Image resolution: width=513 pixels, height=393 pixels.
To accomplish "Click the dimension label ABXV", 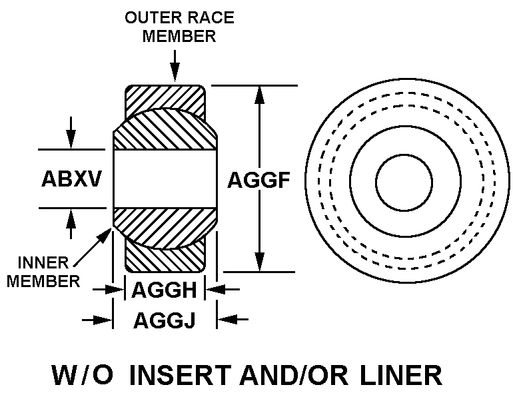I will (72, 179).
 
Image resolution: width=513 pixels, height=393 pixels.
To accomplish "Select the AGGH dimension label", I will (165, 290).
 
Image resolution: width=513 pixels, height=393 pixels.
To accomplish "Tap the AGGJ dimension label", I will (165, 320).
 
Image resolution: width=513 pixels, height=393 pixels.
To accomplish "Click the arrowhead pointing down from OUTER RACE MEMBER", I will (175, 75).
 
